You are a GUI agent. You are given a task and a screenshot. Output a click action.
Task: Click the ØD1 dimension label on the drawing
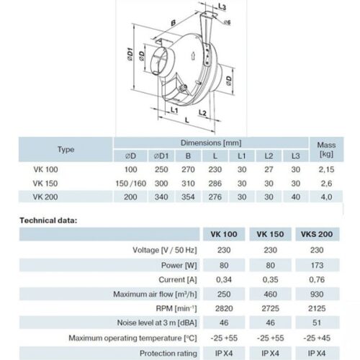tap(130, 54)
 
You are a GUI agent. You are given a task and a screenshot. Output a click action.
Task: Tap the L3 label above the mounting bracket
tap(222, 6)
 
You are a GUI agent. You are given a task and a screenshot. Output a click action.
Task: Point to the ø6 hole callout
tap(227, 22)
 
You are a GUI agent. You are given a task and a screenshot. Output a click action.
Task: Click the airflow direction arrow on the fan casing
tap(192, 56)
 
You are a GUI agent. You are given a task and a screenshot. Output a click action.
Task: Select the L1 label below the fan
tap(174, 110)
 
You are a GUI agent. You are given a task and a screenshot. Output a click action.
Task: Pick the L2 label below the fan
tap(202, 112)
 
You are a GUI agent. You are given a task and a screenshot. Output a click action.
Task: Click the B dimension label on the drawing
tap(173, 23)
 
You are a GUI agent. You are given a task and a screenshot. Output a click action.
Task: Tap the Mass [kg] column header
tap(326, 149)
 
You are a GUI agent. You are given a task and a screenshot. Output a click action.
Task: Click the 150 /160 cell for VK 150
tap(131, 184)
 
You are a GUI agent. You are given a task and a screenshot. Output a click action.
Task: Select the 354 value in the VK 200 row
tap(188, 197)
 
